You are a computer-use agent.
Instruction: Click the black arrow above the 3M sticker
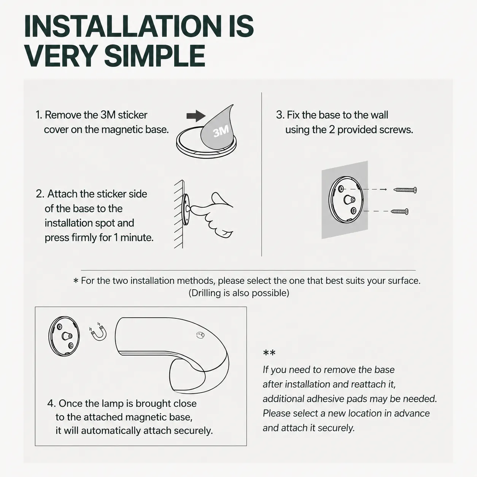(196, 116)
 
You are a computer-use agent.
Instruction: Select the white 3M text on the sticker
(221, 131)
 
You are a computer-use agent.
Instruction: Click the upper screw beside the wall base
(405, 190)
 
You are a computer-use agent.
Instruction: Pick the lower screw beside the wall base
(399, 211)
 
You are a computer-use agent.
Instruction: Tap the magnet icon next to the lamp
(98, 332)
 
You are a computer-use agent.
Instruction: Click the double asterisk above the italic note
(269, 353)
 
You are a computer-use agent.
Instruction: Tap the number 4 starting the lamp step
(51, 404)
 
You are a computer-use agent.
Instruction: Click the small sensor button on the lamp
(200, 335)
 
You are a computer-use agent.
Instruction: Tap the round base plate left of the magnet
(64, 336)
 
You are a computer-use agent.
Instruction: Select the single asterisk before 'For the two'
(76, 281)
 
